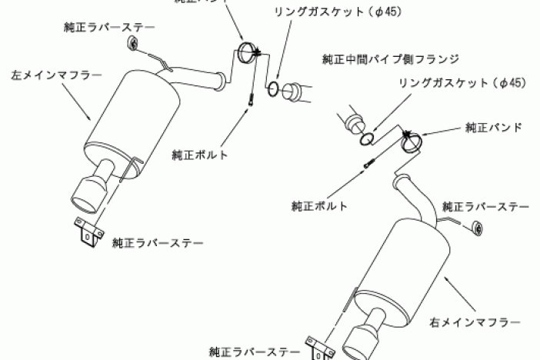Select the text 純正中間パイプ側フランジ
392,58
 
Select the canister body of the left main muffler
131,115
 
